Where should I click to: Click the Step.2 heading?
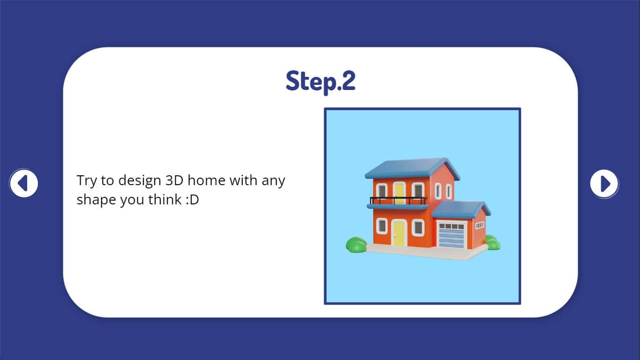click(x=320, y=82)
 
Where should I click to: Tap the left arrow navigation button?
click(x=23, y=183)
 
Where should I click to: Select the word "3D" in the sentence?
click(x=174, y=180)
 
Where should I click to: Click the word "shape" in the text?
click(x=96, y=200)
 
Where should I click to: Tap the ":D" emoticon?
click(x=192, y=200)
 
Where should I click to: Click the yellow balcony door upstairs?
click(x=399, y=193)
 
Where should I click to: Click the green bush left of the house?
click(x=356, y=245)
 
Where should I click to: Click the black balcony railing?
click(x=398, y=200)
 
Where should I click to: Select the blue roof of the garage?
click(x=461, y=209)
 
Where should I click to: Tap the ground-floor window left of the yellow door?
click(x=382, y=226)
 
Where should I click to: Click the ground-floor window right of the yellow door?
click(x=418, y=228)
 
